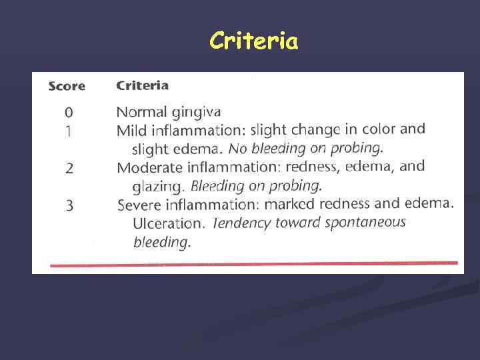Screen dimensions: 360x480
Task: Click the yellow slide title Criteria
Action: click(253, 41)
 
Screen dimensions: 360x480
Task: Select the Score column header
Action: click(67, 86)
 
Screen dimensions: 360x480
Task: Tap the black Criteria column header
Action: click(142, 85)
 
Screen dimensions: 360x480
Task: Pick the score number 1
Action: click(69, 131)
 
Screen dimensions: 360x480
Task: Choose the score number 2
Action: click(69, 168)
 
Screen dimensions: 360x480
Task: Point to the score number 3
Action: click(69, 205)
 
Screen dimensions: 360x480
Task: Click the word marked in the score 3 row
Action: click(305, 204)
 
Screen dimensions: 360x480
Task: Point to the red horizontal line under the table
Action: click(253, 264)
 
